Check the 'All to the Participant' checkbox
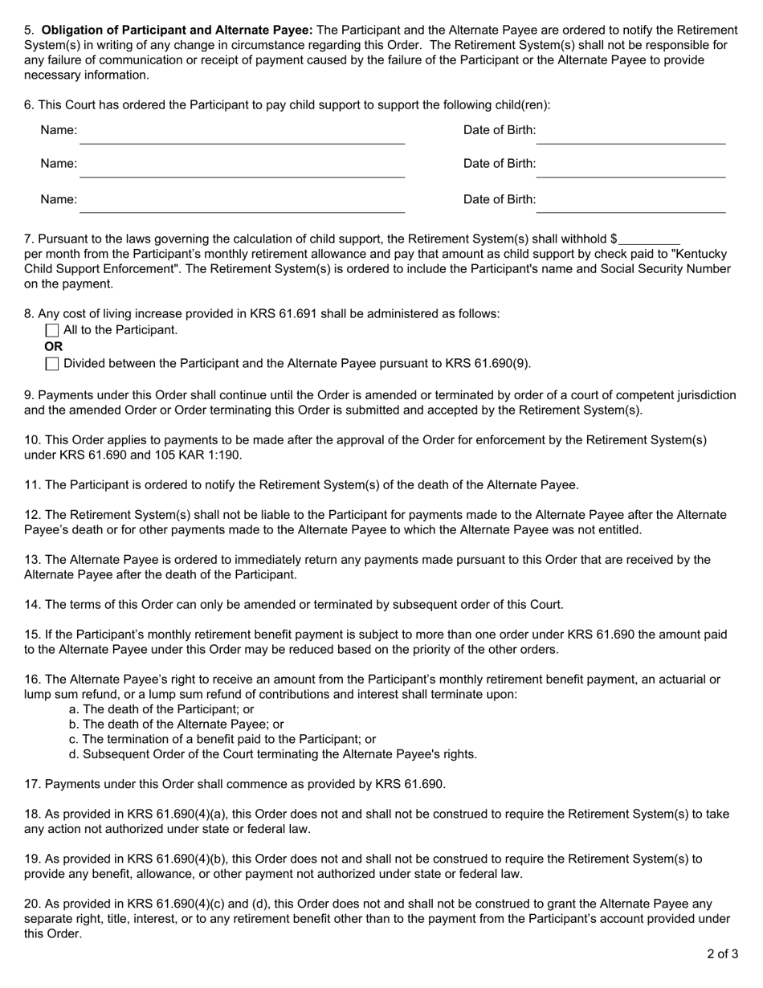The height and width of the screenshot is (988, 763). click(52, 330)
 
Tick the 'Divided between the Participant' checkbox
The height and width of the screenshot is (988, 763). click(52, 364)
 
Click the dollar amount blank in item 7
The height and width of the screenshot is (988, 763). click(649, 239)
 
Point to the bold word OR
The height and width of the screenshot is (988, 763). click(54, 347)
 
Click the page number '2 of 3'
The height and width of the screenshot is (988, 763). click(723, 954)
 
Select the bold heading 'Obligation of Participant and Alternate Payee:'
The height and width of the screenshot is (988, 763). click(177, 31)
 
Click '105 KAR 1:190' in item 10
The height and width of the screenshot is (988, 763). click(206, 455)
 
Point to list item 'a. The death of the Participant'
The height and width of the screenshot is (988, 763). click(161, 709)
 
